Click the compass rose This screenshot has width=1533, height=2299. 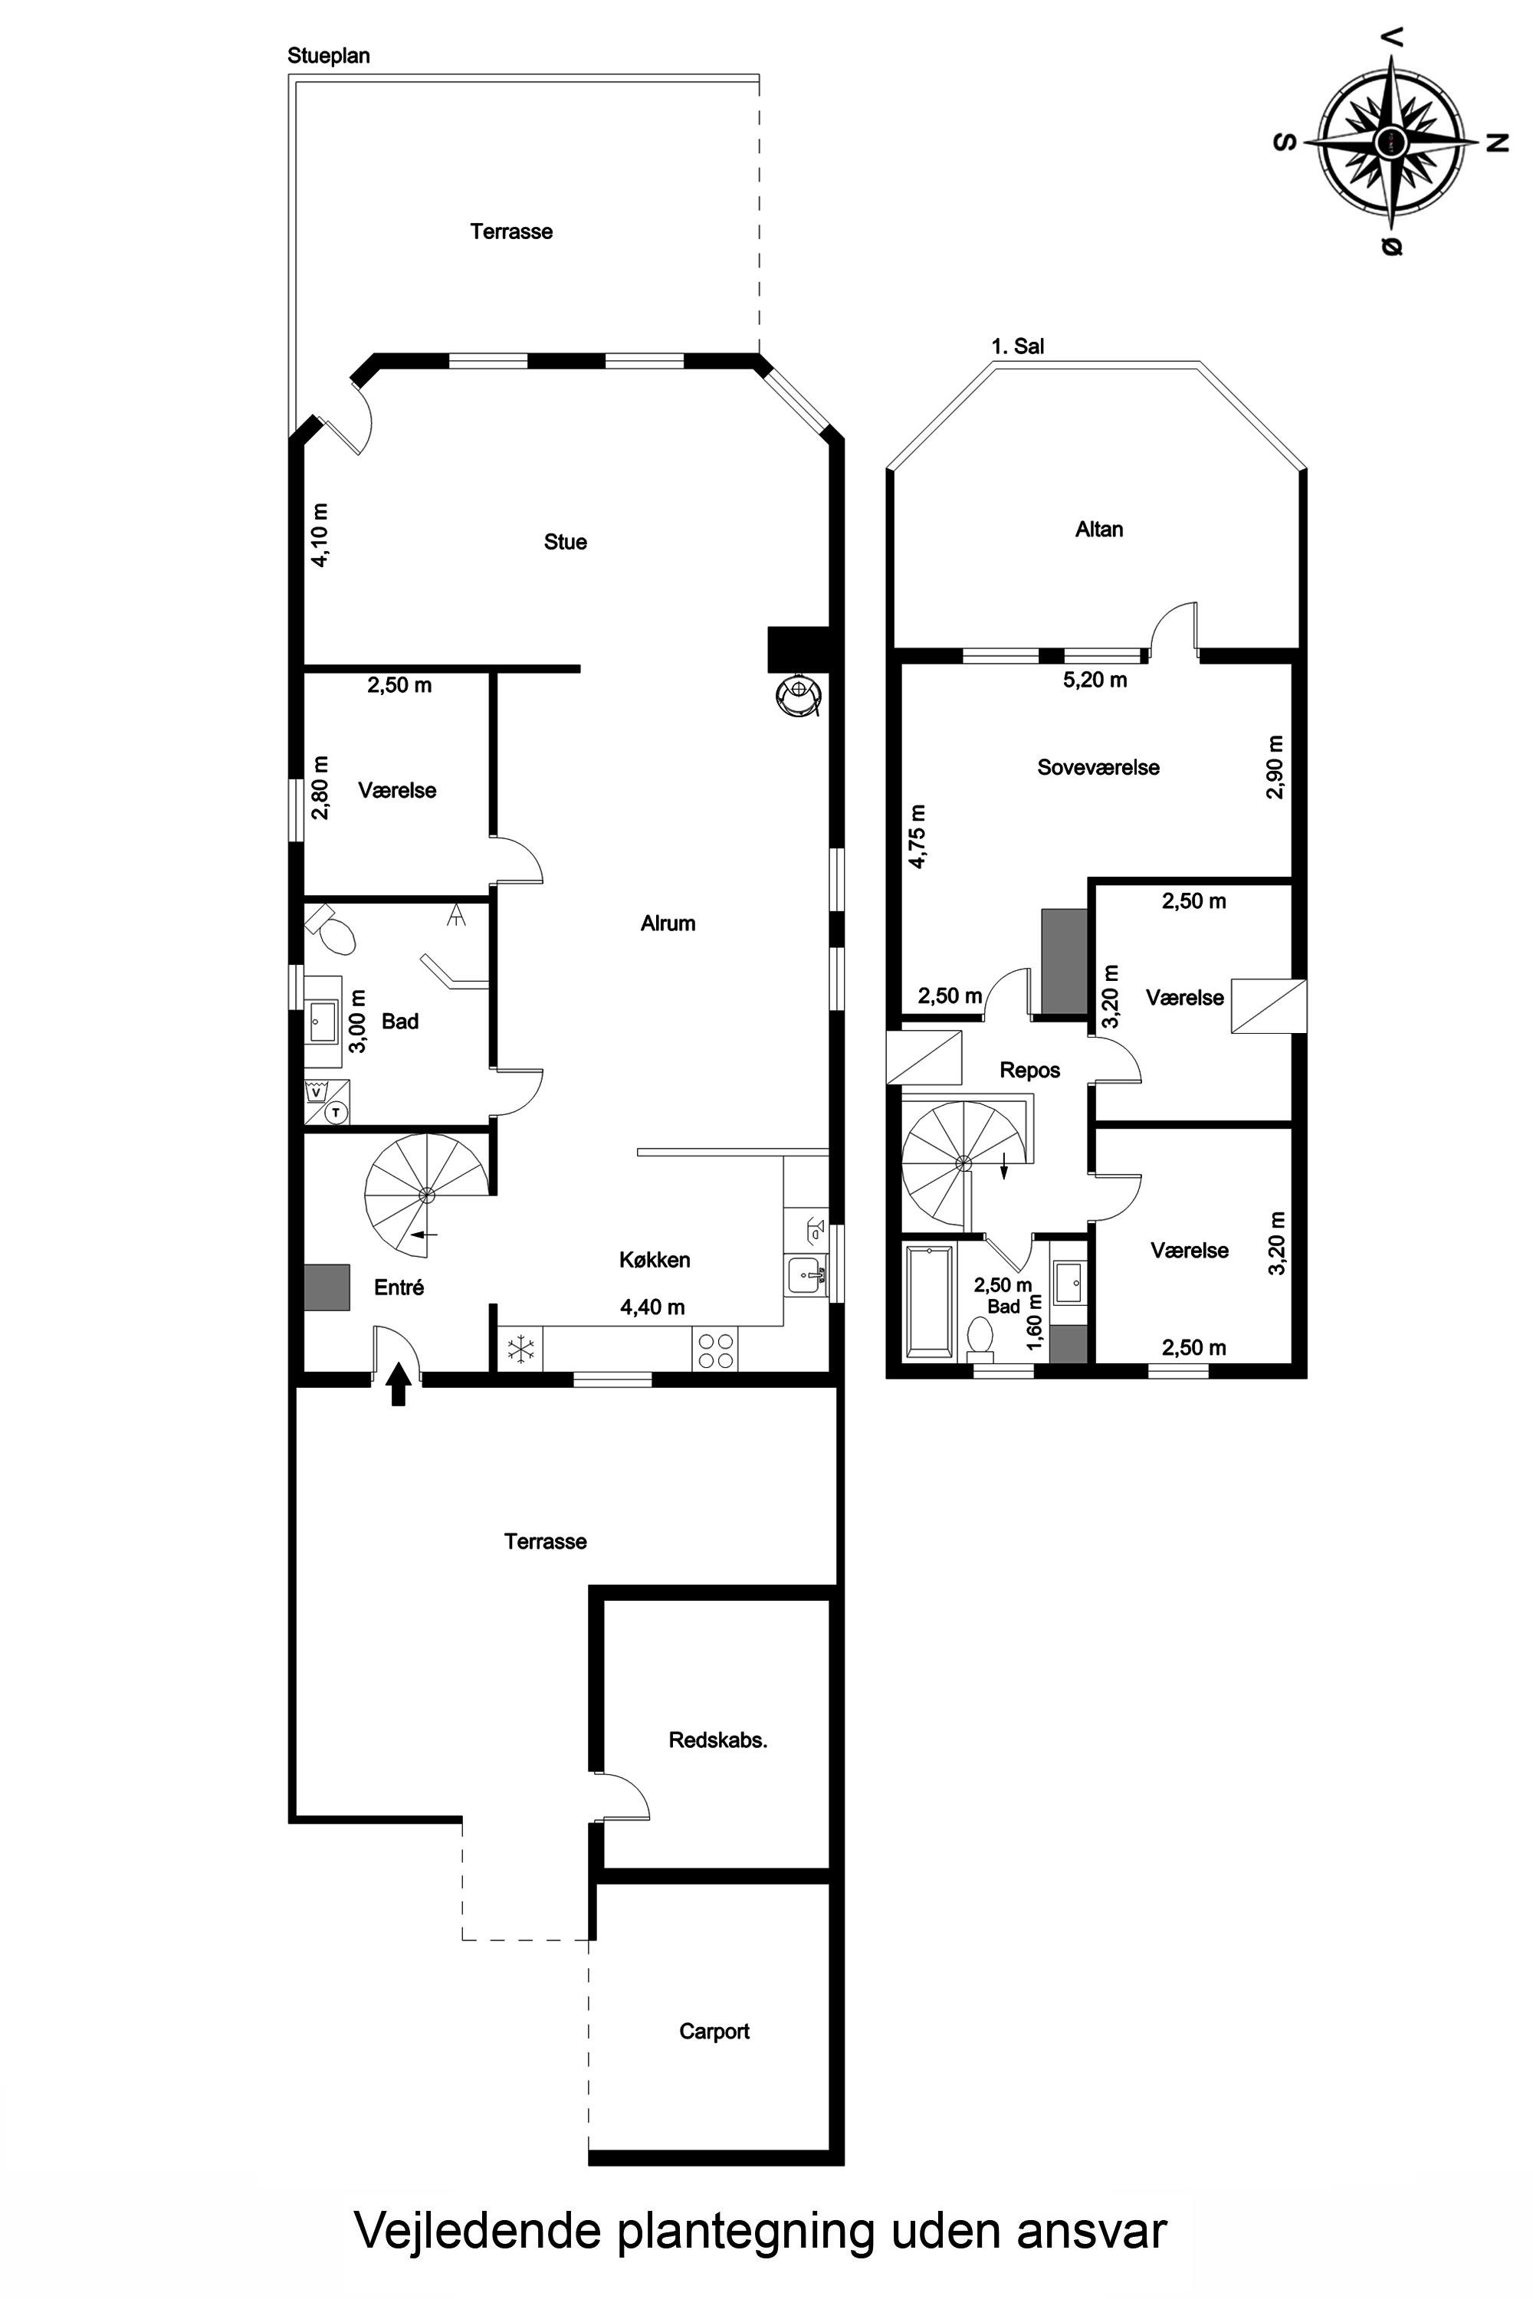(x=1391, y=142)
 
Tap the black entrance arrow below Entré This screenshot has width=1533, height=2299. (x=397, y=1384)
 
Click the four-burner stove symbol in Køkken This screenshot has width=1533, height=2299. (x=714, y=1350)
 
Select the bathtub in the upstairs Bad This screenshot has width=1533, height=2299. (x=929, y=1301)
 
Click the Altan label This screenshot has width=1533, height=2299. (x=1099, y=530)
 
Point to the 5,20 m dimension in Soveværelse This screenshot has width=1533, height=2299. (x=1095, y=681)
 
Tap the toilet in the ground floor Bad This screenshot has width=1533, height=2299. (x=330, y=929)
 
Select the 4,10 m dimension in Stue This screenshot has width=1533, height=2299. (x=320, y=535)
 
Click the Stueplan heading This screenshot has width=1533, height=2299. (x=329, y=56)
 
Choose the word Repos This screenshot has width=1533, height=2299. (x=1029, y=1071)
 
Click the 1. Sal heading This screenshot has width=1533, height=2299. (x=1018, y=346)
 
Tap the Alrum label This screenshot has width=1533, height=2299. (x=668, y=923)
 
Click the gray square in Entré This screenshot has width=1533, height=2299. (x=327, y=1287)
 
